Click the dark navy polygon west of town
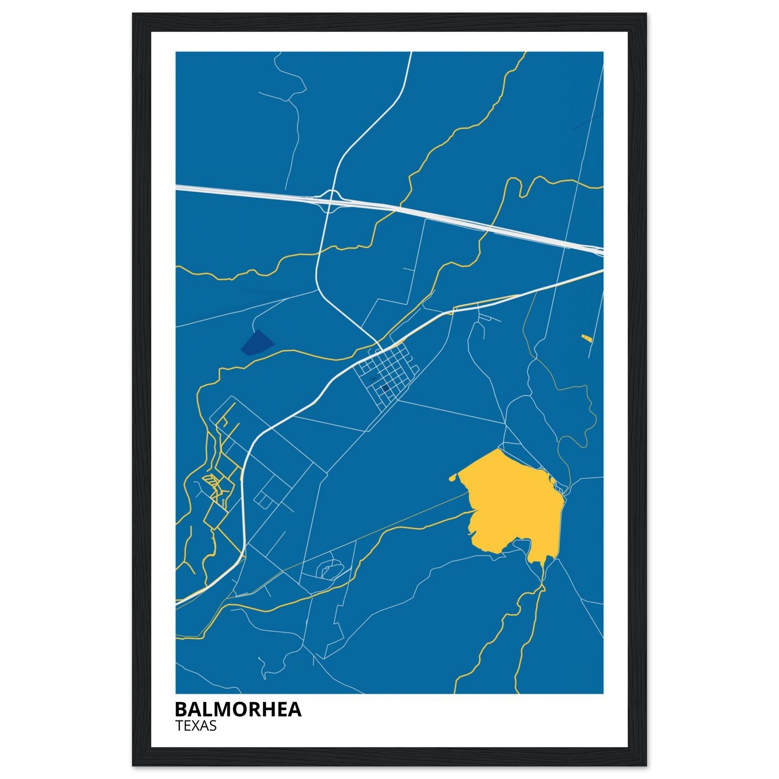pos(257,343)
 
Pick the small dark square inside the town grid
pos(385,388)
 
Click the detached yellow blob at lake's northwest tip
pos(452,479)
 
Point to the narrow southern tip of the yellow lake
pos(543,572)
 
